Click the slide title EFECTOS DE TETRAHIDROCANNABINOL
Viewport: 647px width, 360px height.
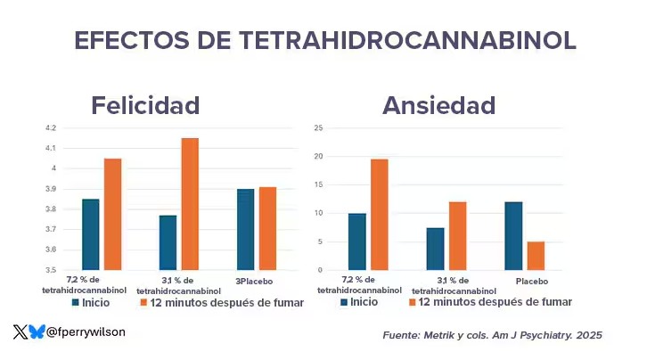pyautogui.click(x=324, y=40)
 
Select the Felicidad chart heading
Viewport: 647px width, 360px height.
pyautogui.click(x=145, y=105)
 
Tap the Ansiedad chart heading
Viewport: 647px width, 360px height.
pyautogui.click(x=438, y=105)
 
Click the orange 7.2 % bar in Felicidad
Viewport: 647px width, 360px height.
pyautogui.click(x=112, y=214)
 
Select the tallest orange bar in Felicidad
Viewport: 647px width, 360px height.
pyautogui.click(x=190, y=203)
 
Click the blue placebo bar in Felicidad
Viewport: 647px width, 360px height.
pyautogui.click(x=245, y=229)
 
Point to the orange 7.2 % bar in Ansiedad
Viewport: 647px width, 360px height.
pyautogui.click(x=379, y=214)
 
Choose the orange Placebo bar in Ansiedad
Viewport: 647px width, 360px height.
pyautogui.click(x=535, y=256)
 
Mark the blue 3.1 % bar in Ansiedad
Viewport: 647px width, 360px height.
pyautogui.click(x=435, y=249)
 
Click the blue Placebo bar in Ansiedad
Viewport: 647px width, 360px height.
pyautogui.click(x=512, y=235)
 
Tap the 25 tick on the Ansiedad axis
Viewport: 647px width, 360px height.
pyautogui.click(x=318, y=128)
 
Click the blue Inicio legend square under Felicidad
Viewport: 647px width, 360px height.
pyautogui.click(x=77, y=303)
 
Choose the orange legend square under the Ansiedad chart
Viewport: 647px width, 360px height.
pyautogui.click(x=413, y=302)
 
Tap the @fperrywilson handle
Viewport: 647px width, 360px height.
pyautogui.click(x=86, y=331)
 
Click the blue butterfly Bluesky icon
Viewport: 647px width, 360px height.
pyautogui.click(x=37, y=331)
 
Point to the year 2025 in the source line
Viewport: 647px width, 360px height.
pyautogui.click(x=588, y=335)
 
